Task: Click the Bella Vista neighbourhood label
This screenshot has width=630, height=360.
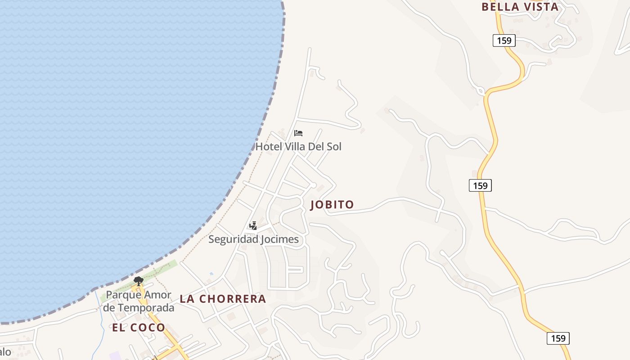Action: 520,7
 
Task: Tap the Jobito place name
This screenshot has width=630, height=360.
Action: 332,205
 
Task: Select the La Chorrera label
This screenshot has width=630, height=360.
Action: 223,299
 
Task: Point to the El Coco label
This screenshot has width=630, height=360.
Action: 139,328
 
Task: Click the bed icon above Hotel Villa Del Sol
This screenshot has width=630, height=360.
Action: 298,133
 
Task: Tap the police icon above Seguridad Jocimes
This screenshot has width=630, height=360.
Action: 253,225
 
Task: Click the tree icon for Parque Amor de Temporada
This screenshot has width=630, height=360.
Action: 139,281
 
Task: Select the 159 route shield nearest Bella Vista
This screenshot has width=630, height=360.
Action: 504,40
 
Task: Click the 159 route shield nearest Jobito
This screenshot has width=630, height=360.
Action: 480,185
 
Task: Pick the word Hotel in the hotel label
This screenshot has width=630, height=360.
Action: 269,147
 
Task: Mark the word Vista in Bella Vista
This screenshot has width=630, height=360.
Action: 539,7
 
